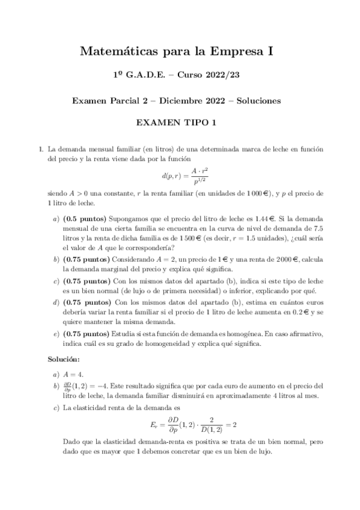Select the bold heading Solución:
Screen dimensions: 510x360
click(63, 359)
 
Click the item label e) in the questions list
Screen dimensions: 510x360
click(56, 333)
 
